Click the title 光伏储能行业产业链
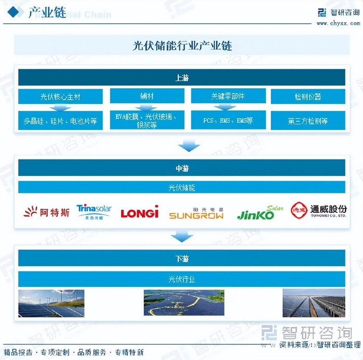click(181, 46)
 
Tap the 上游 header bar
click(181, 78)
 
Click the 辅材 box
click(147, 96)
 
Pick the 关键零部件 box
click(228, 96)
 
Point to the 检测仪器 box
click(308, 96)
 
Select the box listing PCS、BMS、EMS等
click(228, 121)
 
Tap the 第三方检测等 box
click(308, 121)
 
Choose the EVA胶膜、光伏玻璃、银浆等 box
click(147, 121)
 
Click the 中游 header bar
click(181, 168)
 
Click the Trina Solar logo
click(94, 211)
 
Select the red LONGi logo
click(139, 212)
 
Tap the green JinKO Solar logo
click(260, 212)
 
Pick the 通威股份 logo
click(318, 210)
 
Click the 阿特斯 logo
click(47, 211)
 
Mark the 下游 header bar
click(181, 257)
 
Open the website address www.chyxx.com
click(338, 23)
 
